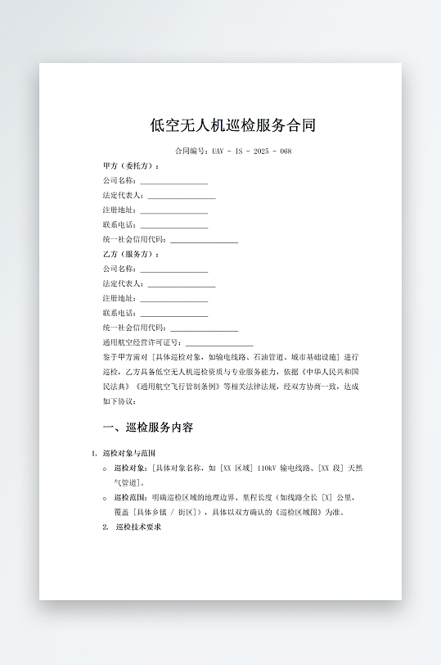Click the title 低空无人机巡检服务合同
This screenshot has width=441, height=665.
point(233,125)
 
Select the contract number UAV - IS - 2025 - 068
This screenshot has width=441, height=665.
point(251,152)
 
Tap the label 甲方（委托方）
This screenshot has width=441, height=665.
point(130,165)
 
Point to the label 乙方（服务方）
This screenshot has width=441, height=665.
point(130,254)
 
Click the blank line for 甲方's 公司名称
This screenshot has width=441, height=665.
point(173,181)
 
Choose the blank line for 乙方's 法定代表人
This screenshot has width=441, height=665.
point(181,284)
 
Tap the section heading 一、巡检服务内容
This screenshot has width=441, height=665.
point(148,427)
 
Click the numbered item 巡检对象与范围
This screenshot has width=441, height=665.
point(129,453)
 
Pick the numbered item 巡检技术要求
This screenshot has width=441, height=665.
point(138,527)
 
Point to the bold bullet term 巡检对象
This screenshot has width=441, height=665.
point(131,468)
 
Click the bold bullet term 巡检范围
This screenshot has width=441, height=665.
point(131,498)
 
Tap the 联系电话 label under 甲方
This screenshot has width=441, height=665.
point(119,225)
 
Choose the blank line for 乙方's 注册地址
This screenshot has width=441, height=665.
point(173,299)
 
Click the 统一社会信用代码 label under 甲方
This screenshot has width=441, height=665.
point(135,240)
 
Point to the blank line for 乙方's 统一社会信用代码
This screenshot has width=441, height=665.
point(204,328)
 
